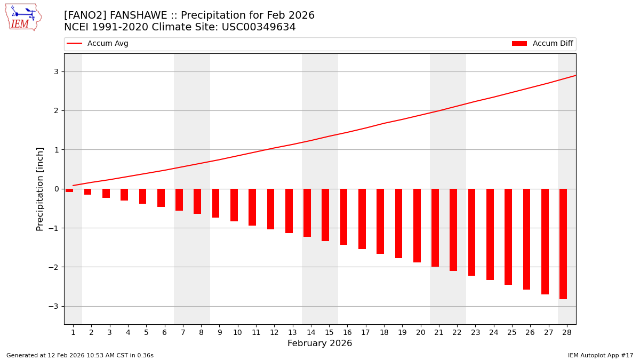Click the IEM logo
pos(23,17)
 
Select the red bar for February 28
pos(563,244)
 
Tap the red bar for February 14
pos(307,213)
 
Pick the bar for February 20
pos(417,226)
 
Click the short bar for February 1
pos(70,190)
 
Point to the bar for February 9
pos(216,203)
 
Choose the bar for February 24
pos(490,234)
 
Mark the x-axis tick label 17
pos(365,333)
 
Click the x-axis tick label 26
pos(530,333)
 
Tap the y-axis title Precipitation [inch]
pos(40,189)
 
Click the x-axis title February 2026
pos(320,343)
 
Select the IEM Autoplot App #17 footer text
pos(601,355)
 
